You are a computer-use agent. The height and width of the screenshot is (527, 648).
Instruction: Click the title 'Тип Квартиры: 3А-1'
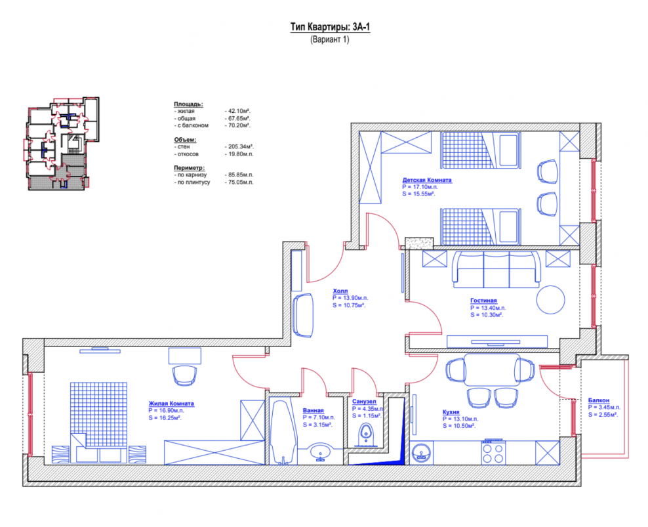(330, 28)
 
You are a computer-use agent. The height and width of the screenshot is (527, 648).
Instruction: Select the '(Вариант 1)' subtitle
(330, 40)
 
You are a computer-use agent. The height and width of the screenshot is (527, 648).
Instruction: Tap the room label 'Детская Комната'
(427, 180)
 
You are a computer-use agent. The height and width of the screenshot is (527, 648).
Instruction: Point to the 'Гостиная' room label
(483, 301)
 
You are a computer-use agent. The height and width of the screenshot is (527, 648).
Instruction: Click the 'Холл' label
(340, 291)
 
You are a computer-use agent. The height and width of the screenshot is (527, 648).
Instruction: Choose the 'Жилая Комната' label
(171, 404)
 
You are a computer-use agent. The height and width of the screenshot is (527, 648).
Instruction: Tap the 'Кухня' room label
(451, 412)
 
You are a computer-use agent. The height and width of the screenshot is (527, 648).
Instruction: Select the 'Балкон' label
(599, 400)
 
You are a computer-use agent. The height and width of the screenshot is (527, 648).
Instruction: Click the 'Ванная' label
(314, 410)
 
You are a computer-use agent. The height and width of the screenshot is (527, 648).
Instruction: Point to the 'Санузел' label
(364, 401)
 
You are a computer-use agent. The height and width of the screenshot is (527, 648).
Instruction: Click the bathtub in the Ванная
(283, 432)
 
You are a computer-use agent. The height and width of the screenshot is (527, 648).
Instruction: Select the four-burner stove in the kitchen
(493, 453)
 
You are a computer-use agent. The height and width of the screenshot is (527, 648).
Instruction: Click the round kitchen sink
(422, 453)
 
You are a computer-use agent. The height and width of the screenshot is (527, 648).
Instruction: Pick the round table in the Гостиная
(550, 299)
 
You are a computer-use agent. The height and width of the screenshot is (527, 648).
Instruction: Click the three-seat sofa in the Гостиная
(496, 269)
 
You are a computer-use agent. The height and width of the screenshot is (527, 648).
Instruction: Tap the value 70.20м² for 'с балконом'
(237, 125)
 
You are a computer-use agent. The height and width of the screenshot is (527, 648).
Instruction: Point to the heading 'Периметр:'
(190, 168)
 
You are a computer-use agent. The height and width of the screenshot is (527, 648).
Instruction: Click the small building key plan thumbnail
(61, 143)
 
